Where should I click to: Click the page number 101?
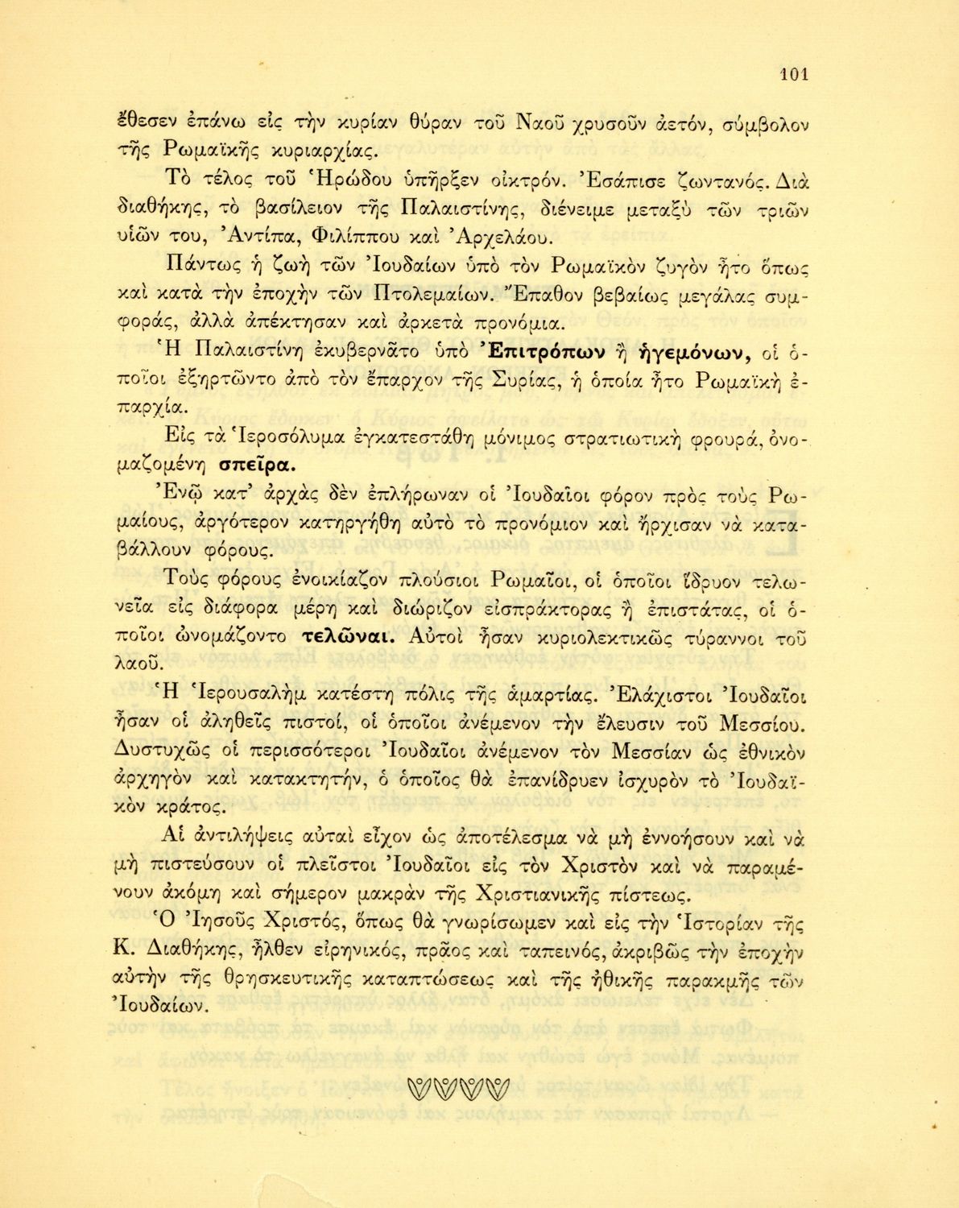point(794,75)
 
